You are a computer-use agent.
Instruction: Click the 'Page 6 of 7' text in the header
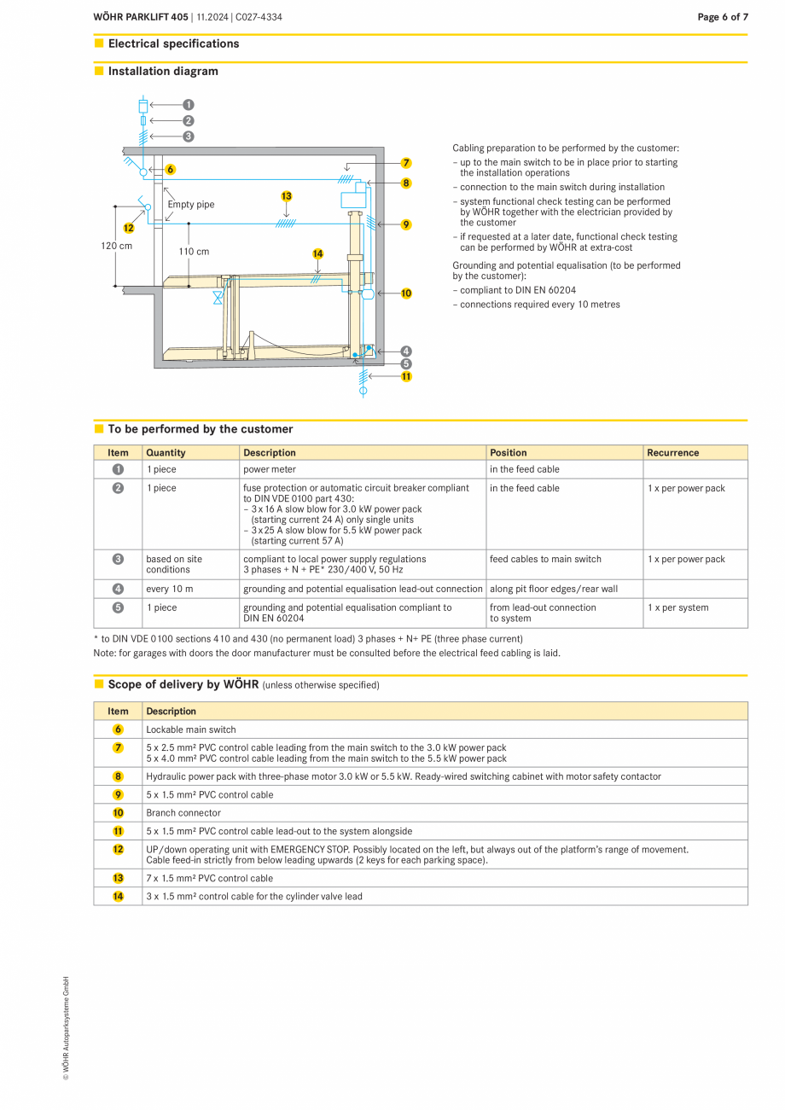click(x=722, y=17)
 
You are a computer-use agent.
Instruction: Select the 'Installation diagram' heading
click(x=163, y=72)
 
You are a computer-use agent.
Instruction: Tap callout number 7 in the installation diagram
click(x=406, y=162)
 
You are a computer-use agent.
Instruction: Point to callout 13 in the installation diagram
click(x=287, y=196)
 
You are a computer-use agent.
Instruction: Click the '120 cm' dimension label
click(x=116, y=246)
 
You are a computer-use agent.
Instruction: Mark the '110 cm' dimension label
click(x=194, y=252)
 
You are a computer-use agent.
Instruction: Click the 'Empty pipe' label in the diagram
click(x=191, y=205)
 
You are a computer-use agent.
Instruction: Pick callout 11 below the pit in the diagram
click(x=406, y=376)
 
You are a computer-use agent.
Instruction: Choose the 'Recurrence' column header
click(x=672, y=453)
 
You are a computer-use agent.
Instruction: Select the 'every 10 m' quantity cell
click(x=169, y=589)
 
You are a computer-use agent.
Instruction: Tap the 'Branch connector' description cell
click(x=183, y=813)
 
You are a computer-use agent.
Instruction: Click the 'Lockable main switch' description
click(x=191, y=729)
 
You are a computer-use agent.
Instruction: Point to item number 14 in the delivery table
click(x=118, y=897)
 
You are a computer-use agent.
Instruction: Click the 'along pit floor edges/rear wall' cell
click(x=553, y=589)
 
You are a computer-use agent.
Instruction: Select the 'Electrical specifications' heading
click(x=173, y=44)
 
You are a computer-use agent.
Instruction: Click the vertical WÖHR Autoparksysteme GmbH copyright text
click(x=65, y=1029)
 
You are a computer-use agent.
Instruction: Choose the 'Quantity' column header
click(x=166, y=453)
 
